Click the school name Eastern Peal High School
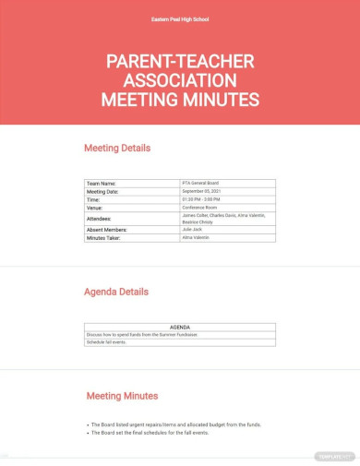(179, 18)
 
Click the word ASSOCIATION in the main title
(179, 80)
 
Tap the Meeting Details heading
(117, 148)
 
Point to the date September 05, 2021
(203, 191)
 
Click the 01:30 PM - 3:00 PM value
(202, 199)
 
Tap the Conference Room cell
(202, 207)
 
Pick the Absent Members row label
(107, 229)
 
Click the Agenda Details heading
(116, 292)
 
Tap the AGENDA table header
(180, 327)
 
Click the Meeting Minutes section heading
(122, 396)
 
